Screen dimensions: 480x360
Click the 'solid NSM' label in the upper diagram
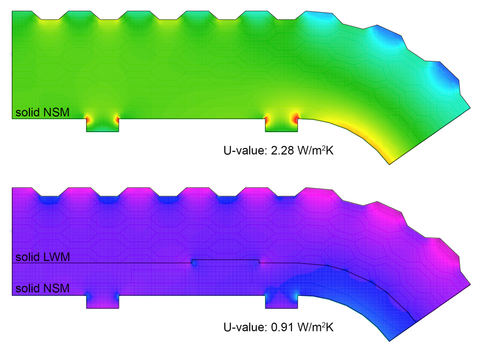(42, 112)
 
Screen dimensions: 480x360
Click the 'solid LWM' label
(43, 257)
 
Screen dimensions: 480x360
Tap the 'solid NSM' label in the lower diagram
(42, 288)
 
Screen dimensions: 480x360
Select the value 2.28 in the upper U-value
(282, 151)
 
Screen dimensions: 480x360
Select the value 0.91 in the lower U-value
(282, 327)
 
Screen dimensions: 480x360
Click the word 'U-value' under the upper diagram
(245, 151)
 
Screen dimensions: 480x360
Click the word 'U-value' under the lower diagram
(245, 327)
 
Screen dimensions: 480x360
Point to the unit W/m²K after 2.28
(315, 151)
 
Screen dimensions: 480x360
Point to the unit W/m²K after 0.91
(315, 327)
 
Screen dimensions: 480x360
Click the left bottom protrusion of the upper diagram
(103, 125)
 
